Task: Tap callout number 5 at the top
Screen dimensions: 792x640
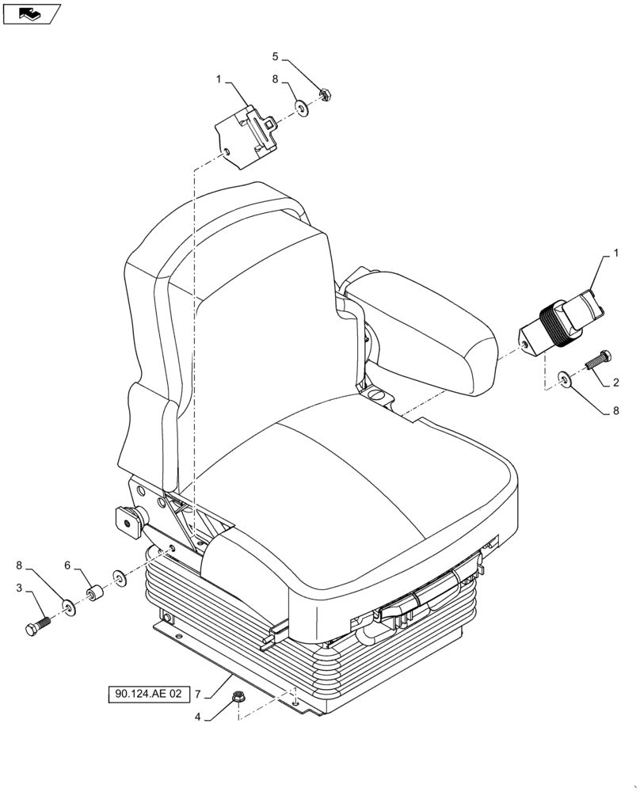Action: pos(276,56)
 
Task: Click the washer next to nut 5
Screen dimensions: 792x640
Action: pos(302,105)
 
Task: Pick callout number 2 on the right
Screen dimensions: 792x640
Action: pos(615,383)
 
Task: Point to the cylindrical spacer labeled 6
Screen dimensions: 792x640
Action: pos(97,593)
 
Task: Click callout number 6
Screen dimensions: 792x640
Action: pos(67,566)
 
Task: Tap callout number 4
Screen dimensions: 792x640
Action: pos(198,718)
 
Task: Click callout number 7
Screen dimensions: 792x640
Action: pos(198,695)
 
